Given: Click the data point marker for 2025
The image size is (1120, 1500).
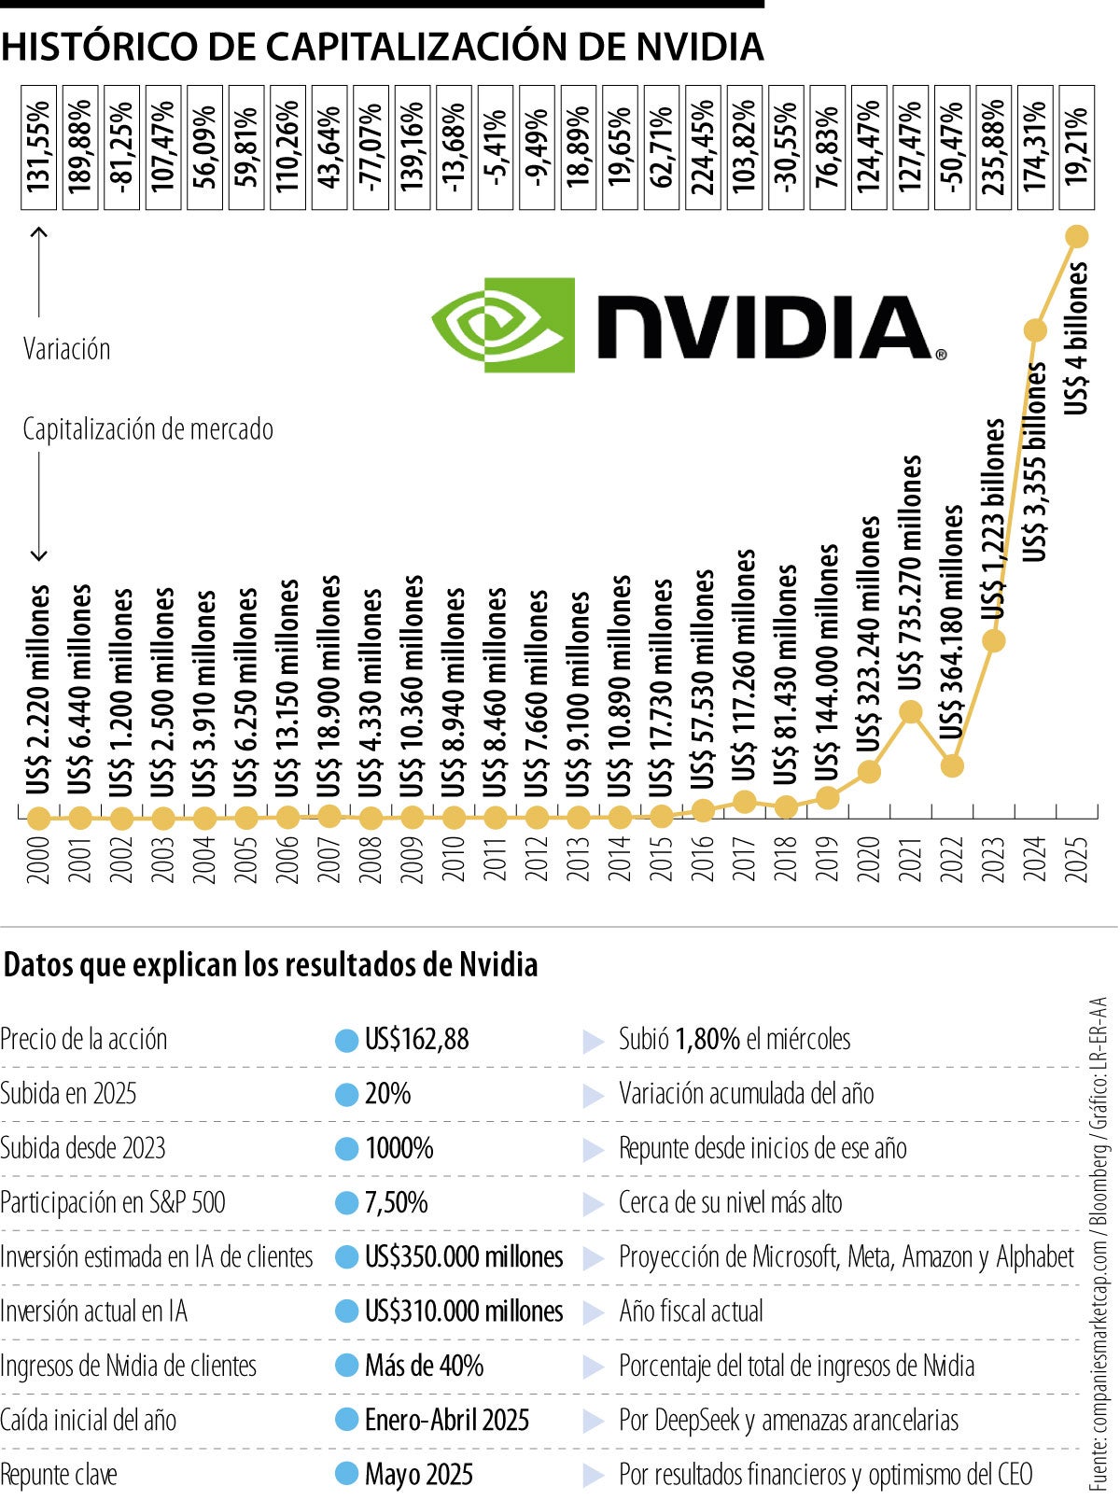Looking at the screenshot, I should [x=1076, y=236].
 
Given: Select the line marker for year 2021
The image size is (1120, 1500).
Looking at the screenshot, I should [x=911, y=712].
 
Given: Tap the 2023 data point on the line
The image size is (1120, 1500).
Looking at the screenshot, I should [x=994, y=641].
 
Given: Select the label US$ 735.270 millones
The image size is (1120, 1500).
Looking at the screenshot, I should [x=911, y=572].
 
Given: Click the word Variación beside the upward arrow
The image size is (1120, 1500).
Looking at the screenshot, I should [x=66, y=349].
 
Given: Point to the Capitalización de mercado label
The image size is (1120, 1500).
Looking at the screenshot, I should [x=147, y=429].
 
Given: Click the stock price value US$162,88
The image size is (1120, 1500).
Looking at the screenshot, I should [x=416, y=1039].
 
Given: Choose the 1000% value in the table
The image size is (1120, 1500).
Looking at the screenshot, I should [x=399, y=1148].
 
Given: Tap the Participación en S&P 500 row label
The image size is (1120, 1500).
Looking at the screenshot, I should [x=113, y=1202].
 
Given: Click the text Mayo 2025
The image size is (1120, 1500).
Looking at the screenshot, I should [x=419, y=1475].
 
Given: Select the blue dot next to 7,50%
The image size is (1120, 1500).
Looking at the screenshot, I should [x=346, y=1203].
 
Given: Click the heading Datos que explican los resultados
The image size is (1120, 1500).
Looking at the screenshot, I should [x=271, y=964].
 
